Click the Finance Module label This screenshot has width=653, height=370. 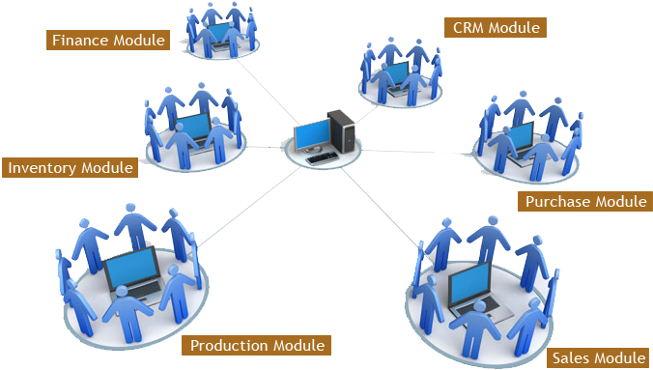[x=107, y=40]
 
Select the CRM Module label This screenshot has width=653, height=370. [x=497, y=27]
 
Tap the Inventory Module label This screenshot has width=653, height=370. [x=70, y=167]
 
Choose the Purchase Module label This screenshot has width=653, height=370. [x=583, y=201]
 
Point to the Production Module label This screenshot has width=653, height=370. [x=256, y=345]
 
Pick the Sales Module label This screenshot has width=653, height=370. [x=598, y=357]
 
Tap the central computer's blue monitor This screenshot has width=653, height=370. [x=311, y=136]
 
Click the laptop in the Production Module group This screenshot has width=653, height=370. [x=132, y=272]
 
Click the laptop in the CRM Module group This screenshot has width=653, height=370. [x=396, y=76]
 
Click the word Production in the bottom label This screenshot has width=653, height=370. [x=231, y=345]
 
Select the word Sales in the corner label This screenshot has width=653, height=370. [x=574, y=357]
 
